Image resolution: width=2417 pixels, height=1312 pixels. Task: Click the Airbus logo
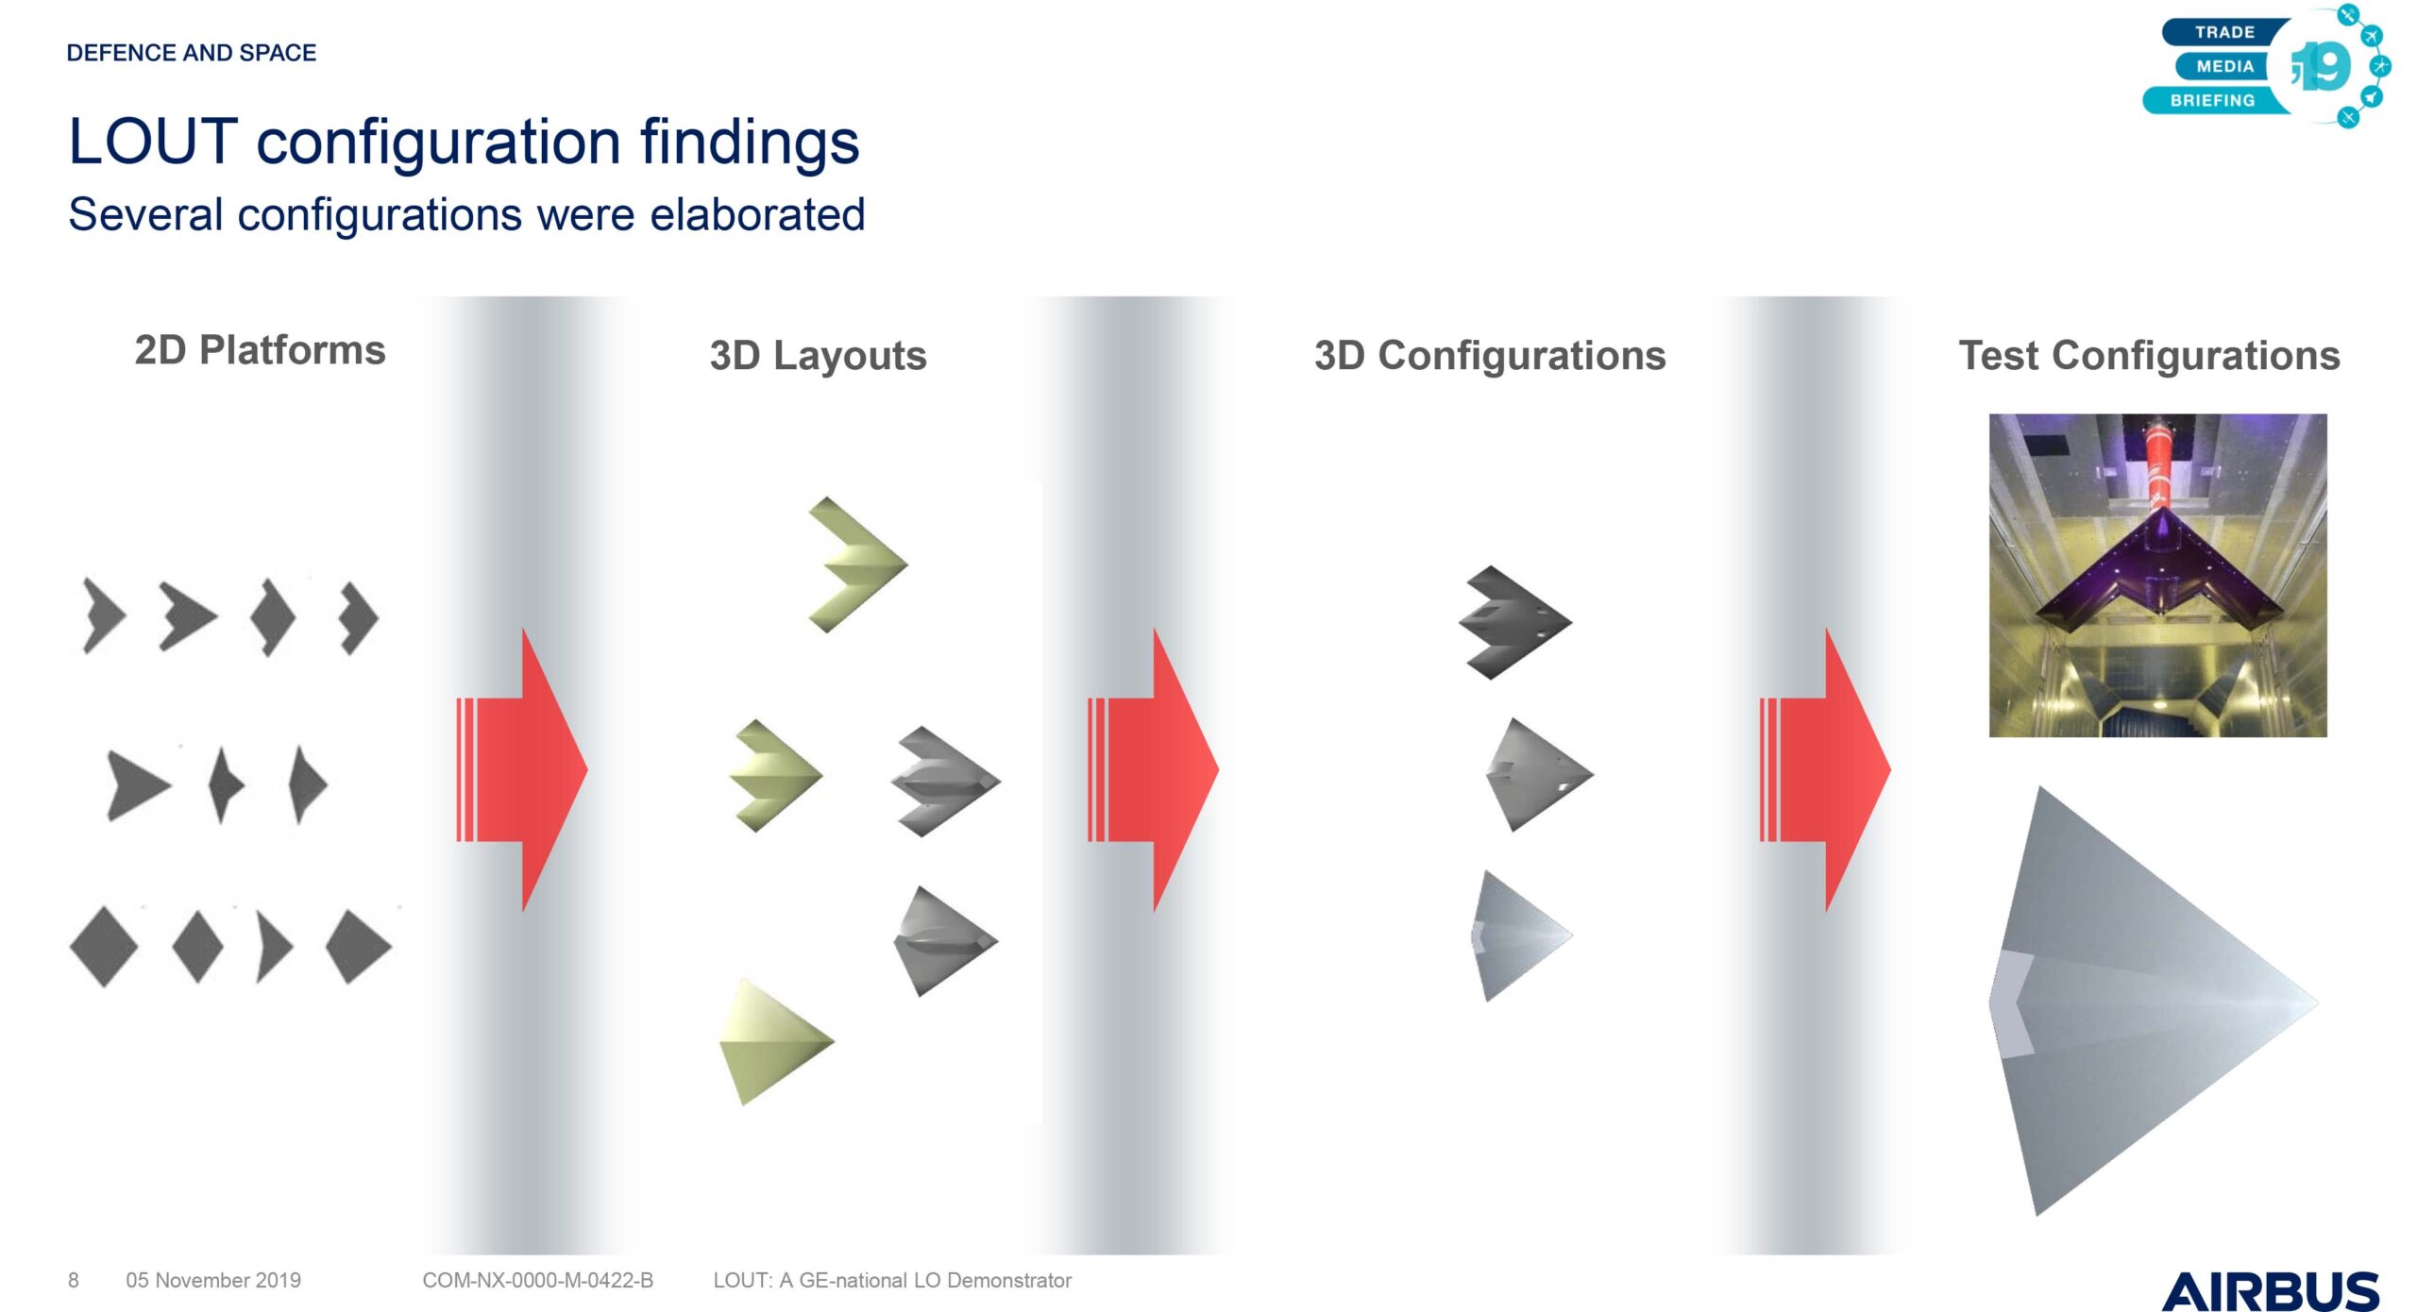(x=2270, y=1290)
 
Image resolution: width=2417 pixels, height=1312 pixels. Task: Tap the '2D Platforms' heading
(x=260, y=350)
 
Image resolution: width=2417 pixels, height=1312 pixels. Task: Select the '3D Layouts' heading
(x=818, y=356)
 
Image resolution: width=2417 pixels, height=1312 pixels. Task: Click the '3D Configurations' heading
(x=1490, y=356)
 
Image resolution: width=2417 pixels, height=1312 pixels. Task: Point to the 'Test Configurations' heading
(x=2149, y=356)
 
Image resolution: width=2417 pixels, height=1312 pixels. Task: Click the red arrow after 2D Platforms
(x=521, y=769)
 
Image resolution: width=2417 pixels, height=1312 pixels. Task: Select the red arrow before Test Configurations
(x=1824, y=769)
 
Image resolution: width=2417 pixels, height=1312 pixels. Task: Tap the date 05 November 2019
(x=213, y=1280)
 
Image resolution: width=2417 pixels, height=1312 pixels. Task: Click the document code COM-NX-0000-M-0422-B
(x=537, y=1280)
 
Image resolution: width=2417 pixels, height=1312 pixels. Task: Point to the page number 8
(x=74, y=1280)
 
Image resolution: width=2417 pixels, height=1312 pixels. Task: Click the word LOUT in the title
(x=153, y=142)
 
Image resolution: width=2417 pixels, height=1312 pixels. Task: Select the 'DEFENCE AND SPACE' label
(x=192, y=53)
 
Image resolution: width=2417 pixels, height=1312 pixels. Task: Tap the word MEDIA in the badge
(x=2225, y=66)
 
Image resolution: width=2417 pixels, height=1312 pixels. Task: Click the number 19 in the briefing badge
(x=2322, y=66)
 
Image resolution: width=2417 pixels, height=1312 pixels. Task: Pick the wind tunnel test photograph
(x=2157, y=575)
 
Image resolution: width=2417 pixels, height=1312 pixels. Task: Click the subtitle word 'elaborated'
(x=757, y=215)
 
